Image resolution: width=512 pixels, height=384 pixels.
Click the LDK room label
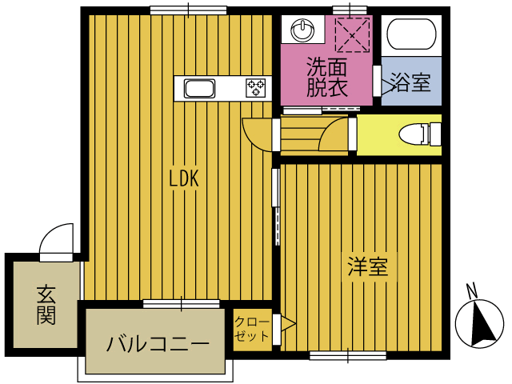click(183, 179)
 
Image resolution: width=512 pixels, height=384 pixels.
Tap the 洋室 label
click(368, 267)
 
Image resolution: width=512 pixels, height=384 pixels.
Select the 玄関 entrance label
click(46, 305)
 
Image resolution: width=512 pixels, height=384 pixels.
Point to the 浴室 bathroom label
click(411, 82)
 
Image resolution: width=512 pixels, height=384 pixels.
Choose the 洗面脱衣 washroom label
click(327, 78)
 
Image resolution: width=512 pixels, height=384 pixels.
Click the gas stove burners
click(257, 87)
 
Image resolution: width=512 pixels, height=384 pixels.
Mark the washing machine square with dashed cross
click(350, 34)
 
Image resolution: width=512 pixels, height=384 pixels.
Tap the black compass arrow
click(483, 323)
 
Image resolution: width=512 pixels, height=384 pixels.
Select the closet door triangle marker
click(287, 325)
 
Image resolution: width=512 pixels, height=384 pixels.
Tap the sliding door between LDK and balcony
click(181, 304)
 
